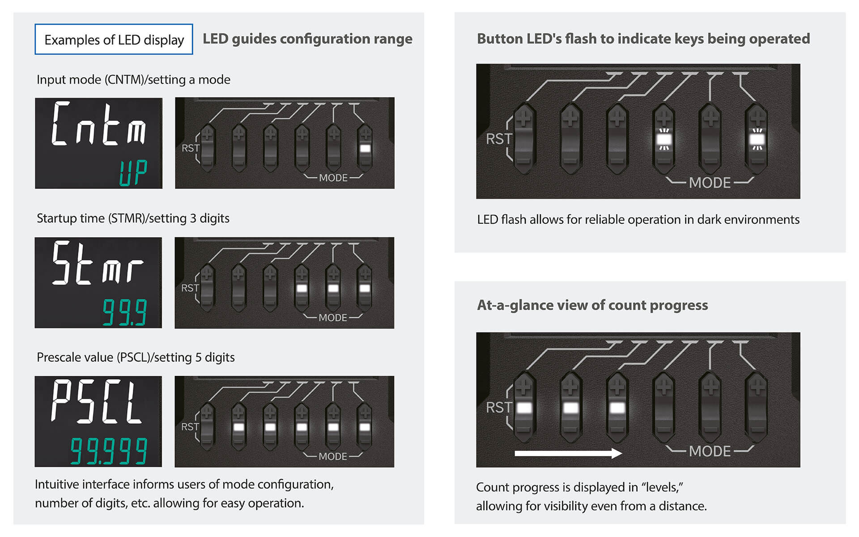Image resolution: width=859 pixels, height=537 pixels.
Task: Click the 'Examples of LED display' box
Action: (x=114, y=39)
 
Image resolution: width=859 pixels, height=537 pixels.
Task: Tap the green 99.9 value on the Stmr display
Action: (x=124, y=312)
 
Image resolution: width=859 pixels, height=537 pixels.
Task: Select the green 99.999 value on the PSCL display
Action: (x=109, y=451)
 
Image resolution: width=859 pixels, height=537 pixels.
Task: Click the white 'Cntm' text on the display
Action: (x=99, y=124)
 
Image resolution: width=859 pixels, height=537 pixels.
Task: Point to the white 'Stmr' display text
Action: (x=98, y=263)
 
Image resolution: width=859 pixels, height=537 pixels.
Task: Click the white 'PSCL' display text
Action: (x=97, y=401)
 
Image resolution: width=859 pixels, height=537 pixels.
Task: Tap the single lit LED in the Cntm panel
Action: (x=365, y=148)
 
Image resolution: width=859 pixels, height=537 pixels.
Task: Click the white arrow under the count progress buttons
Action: (x=568, y=453)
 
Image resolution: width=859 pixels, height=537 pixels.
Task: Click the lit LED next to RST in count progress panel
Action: (x=524, y=408)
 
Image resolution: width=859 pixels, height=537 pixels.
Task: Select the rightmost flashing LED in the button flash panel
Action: (x=757, y=139)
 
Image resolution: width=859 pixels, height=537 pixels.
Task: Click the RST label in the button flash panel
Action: (x=498, y=139)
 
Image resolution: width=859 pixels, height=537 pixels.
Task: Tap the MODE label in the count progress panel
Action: (x=710, y=451)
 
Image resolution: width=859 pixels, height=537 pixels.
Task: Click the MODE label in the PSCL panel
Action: (x=333, y=456)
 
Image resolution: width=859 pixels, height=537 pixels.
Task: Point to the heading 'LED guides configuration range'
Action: (x=307, y=39)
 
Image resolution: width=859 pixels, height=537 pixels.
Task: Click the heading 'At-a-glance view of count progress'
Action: (x=592, y=305)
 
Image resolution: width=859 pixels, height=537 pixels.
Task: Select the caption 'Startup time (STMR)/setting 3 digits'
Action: (x=133, y=218)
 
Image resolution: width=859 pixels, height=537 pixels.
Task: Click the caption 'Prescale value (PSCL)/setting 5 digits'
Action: (x=136, y=357)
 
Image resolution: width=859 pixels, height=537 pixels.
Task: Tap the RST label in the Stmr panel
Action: (x=190, y=288)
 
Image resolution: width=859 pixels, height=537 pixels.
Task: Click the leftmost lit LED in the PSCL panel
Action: (x=239, y=427)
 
